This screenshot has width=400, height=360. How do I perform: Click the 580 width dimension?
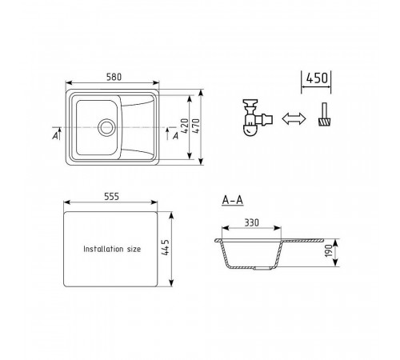coord(114,77)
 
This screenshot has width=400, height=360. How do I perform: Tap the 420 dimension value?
coord(185,126)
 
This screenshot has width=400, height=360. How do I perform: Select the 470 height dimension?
coord(195,126)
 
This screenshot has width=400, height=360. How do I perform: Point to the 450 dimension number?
coord(317,78)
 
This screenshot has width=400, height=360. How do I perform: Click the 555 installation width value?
coord(111,197)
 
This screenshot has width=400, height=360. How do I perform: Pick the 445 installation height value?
coord(165,247)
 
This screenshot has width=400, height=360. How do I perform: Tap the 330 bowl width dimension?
coord(252,222)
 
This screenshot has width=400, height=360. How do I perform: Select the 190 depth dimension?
coord(329,251)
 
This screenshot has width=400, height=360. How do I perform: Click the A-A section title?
coord(233,200)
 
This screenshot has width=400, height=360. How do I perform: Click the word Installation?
coord(103,249)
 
